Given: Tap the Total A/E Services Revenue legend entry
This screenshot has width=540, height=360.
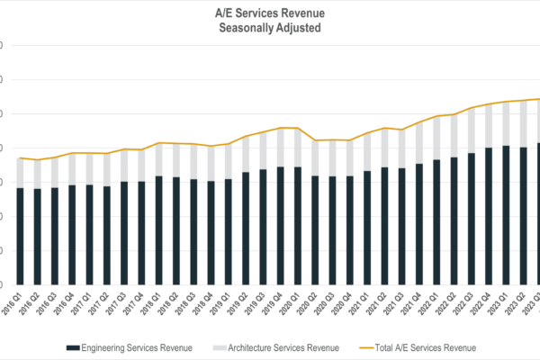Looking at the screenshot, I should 423,347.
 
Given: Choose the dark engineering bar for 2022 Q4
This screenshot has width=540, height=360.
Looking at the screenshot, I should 489,216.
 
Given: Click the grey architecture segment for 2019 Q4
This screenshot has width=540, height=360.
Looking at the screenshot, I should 281,148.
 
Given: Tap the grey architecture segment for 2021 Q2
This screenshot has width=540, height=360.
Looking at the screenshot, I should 384,148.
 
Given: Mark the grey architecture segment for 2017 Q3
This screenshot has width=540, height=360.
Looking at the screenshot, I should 124,166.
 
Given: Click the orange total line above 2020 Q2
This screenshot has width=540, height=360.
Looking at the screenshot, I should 315,140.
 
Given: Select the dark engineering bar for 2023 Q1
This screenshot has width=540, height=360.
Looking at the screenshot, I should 506,215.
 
